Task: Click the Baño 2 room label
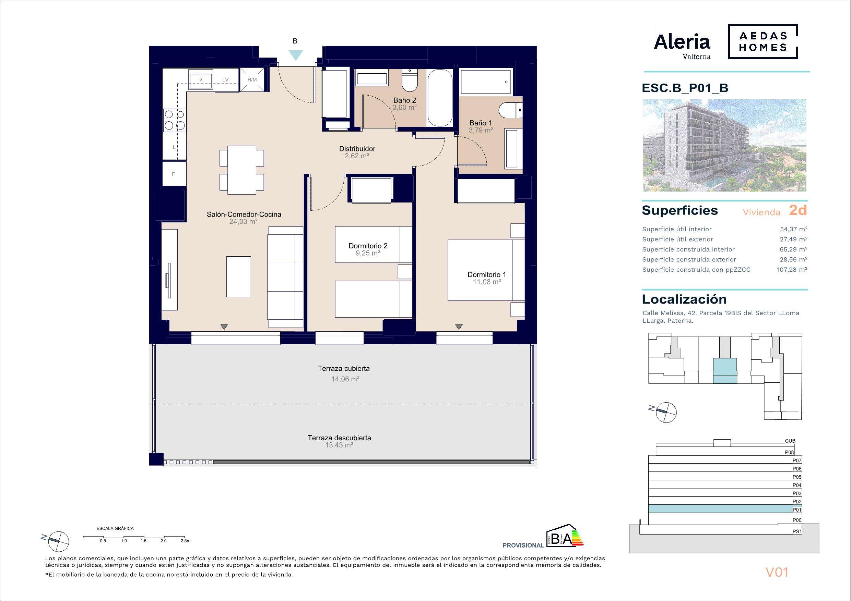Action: (x=405, y=100)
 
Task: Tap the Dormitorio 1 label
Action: (x=487, y=275)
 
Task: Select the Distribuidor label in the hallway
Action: (x=357, y=149)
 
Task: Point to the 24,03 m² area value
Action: (x=244, y=222)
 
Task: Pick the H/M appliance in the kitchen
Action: (x=252, y=79)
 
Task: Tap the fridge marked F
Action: (x=174, y=174)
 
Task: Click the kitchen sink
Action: (x=201, y=80)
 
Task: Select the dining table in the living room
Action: (x=242, y=170)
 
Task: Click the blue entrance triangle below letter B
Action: (x=296, y=55)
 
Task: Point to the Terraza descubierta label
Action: (x=339, y=438)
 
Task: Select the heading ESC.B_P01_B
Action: (x=685, y=88)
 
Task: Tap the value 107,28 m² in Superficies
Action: (x=792, y=270)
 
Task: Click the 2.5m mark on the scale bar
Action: (x=185, y=541)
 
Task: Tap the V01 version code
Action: (x=777, y=573)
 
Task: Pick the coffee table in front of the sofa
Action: (x=239, y=277)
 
